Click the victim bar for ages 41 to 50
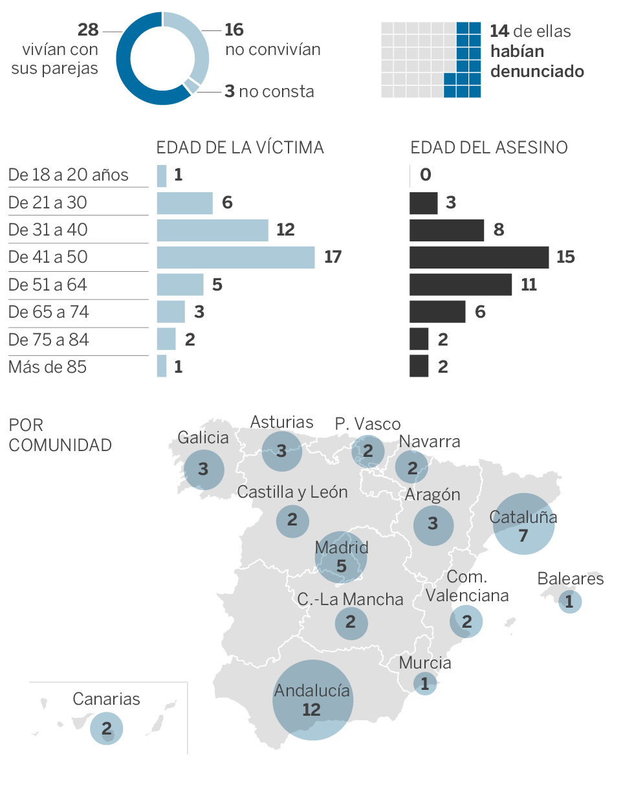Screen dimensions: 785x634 [x=235, y=258]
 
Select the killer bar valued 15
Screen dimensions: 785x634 [x=479, y=258]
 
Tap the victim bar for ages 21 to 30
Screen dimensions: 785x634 [x=184, y=203]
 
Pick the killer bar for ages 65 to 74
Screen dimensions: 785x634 [x=437, y=312]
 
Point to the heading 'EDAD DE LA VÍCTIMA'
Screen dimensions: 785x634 [x=240, y=148]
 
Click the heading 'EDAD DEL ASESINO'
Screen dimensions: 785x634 [x=489, y=148]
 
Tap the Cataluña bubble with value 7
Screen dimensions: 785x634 [x=523, y=524]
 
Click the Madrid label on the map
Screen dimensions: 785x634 [x=342, y=547]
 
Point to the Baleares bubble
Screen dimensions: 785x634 [x=569, y=602]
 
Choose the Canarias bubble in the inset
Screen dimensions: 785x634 [x=106, y=727]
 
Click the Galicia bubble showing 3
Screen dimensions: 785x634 [x=203, y=468]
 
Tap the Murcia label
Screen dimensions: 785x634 [x=425, y=663]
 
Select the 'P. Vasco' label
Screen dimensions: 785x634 [x=368, y=425]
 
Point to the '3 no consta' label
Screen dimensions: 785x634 [x=269, y=91]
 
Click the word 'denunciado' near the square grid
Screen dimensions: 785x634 [x=537, y=71]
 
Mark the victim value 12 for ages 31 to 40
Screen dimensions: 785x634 [x=285, y=230]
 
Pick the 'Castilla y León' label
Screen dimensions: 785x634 [x=292, y=492]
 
